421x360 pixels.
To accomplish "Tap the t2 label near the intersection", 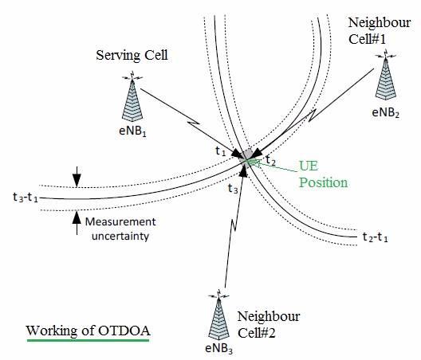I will point(270,161).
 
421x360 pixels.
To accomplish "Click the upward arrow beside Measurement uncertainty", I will point(76,219).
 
